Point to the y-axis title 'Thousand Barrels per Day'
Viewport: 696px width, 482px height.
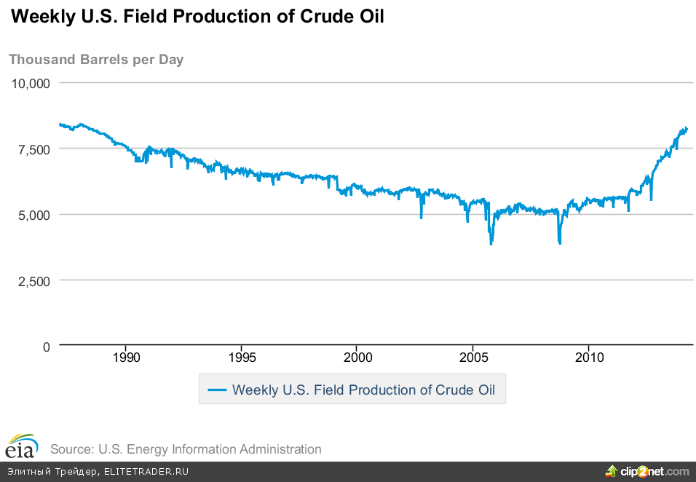point(96,60)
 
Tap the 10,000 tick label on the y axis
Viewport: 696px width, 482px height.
point(31,83)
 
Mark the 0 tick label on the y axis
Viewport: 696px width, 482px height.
point(46,347)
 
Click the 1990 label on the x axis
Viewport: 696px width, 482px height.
point(126,358)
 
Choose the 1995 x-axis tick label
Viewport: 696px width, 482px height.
point(242,358)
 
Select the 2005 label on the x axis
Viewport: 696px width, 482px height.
point(473,358)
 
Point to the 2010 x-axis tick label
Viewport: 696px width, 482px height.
point(589,358)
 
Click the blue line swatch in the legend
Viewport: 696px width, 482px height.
point(218,390)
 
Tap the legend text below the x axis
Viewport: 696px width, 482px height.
point(363,390)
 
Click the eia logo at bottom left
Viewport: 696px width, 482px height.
point(21,446)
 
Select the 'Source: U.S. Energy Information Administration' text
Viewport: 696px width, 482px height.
point(186,449)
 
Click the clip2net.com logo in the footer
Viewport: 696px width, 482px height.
point(647,472)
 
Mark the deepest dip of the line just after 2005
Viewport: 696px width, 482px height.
point(491,243)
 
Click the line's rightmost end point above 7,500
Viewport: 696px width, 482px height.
point(687,129)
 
